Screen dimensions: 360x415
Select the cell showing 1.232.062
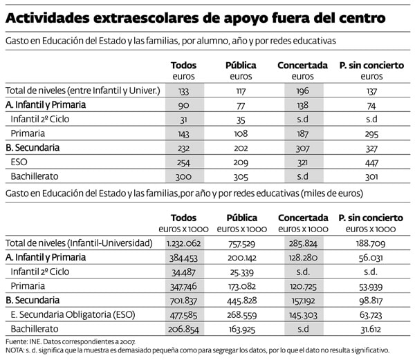(x=183, y=243)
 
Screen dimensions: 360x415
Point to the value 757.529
(x=241, y=243)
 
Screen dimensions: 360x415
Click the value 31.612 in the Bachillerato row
(x=371, y=329)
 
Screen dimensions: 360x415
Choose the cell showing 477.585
(x=183, y=314)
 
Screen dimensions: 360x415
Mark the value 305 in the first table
(x=241, y=176)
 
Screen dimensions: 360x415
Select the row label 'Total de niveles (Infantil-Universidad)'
(x=78, y=243)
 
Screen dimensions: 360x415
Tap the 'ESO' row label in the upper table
(x=19, y=162)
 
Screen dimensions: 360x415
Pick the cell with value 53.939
(x=371, y=285)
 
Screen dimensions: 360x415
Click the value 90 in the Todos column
(x=183, y=105)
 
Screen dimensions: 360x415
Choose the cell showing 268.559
(x=241, y=314)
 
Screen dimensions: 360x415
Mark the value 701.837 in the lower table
(x=183, y=300)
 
